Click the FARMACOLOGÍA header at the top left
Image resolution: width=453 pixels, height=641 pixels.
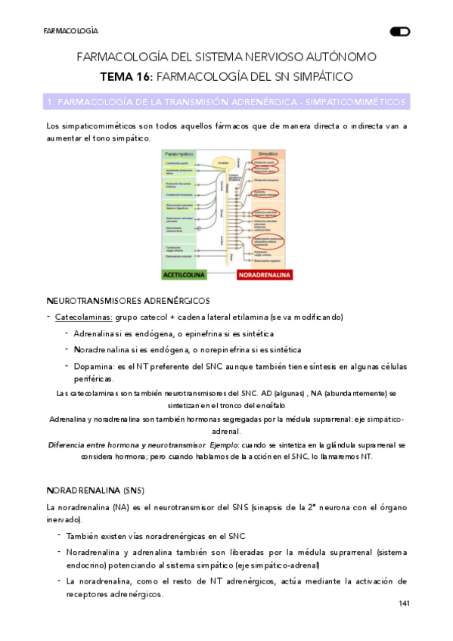coord(70,31)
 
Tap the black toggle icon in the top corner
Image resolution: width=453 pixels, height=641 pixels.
coord(399,31)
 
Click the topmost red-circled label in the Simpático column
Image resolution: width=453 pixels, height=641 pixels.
coord(265,162)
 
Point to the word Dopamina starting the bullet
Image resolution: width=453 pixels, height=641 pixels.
coord(93,367)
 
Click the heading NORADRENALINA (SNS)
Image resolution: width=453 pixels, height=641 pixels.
coord(95,490)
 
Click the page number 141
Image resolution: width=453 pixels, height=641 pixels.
coord(404,603)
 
